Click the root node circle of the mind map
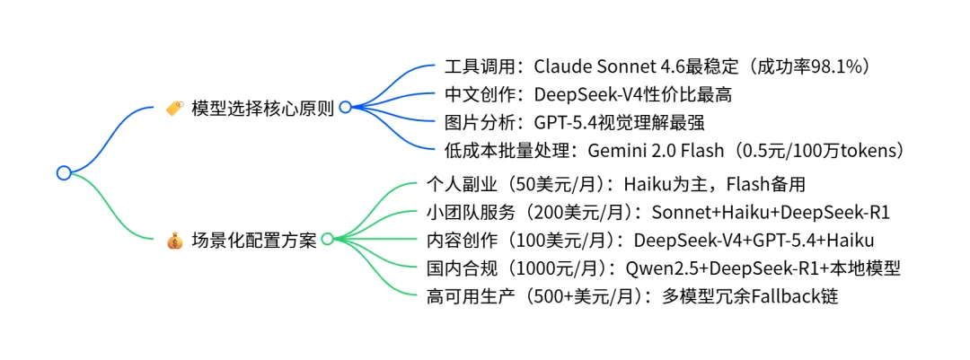point(63,172)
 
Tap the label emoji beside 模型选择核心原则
point(174,109)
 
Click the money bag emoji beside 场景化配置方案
point(174,240)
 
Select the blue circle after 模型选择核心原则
point(345,108)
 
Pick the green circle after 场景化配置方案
point(327,239)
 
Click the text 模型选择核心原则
point(262,109)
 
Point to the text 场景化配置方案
point(253,240)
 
